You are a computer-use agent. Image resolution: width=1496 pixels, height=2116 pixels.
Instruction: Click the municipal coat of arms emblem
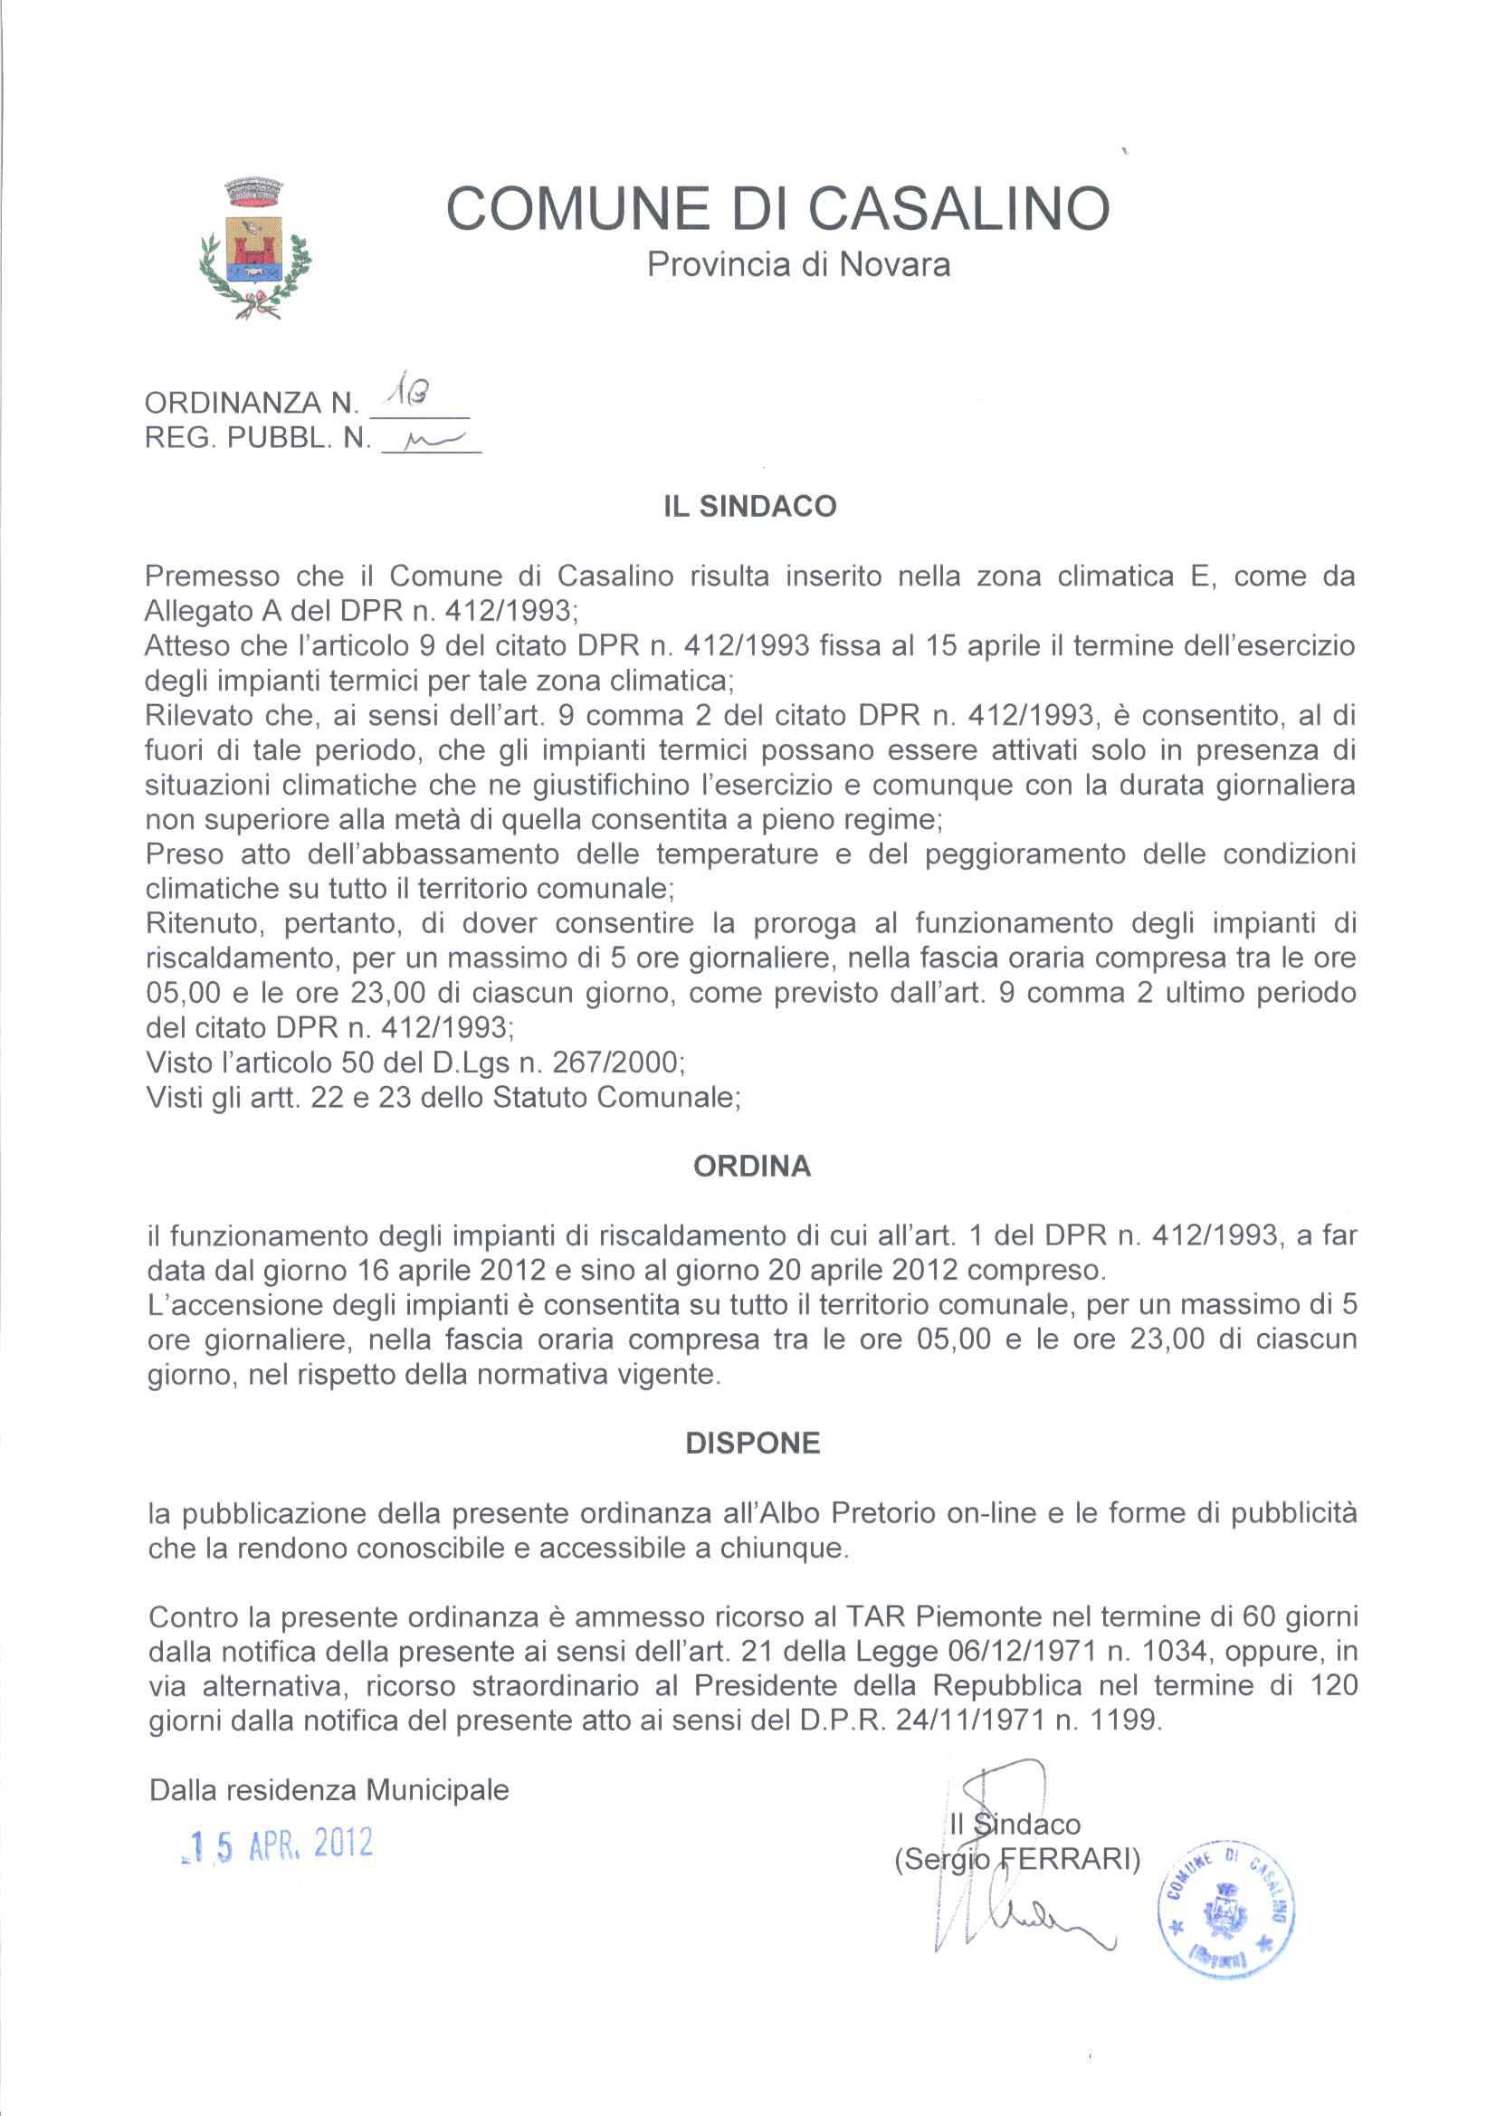pyautogui.click(x=255, y=248)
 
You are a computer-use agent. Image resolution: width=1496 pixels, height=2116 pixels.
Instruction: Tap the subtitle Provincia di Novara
pyautogui.click(x=798, y=265)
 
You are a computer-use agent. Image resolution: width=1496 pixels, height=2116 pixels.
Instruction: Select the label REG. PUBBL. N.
pyautogui.click(x=257, y=439)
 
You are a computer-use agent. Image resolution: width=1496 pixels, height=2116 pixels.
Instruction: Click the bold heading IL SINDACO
pyautogui.click(x=749, y=506)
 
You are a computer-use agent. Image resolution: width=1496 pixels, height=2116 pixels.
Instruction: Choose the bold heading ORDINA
pyautogui.click(x=751, y=1166)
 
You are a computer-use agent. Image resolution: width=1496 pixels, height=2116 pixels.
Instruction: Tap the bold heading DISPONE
pyautogui.click(x=752, y=1443)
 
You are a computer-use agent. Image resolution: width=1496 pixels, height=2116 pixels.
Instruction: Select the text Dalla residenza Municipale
pyautogui.click(x=329, y=1791)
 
